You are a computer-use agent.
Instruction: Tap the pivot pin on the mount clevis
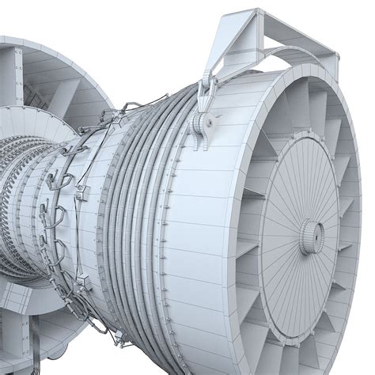click(x=210, y=121)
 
